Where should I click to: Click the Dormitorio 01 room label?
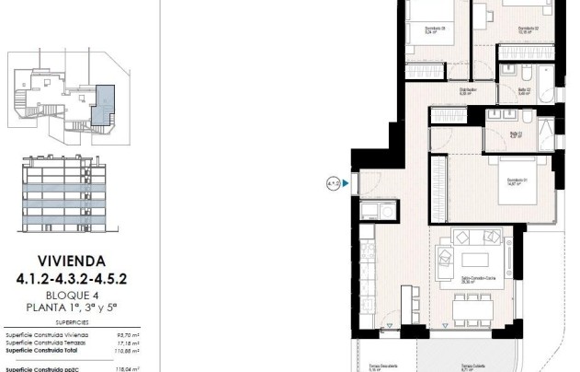(503, 183)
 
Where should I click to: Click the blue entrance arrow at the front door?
(345, 184)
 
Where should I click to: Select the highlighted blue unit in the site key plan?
(107, 99)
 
